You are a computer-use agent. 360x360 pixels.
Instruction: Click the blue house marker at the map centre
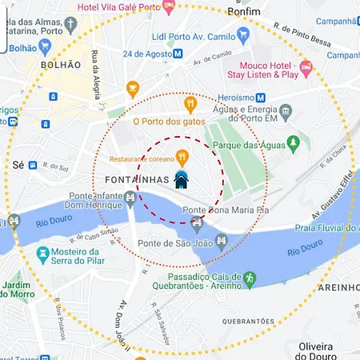181,179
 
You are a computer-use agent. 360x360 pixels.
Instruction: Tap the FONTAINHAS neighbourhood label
137,179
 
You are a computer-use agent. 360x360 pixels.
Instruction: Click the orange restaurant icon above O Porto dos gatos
190,103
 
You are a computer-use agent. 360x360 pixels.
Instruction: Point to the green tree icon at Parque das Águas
293,143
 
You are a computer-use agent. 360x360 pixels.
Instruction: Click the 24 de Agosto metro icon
178,54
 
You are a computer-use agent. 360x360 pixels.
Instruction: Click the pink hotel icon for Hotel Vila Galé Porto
169,6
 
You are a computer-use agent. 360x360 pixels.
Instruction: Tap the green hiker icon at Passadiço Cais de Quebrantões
249,278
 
